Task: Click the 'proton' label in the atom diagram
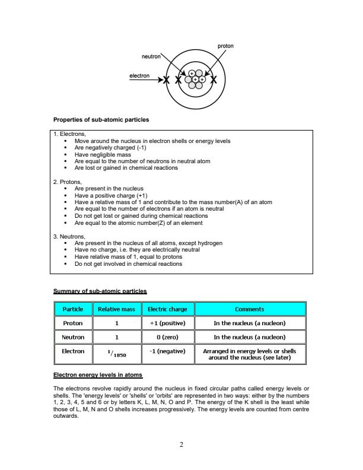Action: [225, 46]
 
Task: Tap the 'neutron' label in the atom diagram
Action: [151, 56]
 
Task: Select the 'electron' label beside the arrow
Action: [139, 76]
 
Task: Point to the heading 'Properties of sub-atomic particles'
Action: [101, 120]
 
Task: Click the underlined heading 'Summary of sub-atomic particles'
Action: [100, 291]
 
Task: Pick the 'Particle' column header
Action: [72, 309]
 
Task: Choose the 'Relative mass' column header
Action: [117, 309]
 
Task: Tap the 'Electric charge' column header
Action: [168, 309]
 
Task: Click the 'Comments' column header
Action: [250, 309]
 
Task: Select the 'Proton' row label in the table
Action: [72, 323]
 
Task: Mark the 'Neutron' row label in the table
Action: [72, 337]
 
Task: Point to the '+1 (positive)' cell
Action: [168, 323]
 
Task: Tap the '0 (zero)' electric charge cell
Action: [168, 337]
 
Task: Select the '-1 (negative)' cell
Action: [168, 351]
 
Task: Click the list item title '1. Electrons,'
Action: [70, 135]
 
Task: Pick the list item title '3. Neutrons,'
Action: [70, 237]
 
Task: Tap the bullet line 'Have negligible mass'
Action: [103, 154]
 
